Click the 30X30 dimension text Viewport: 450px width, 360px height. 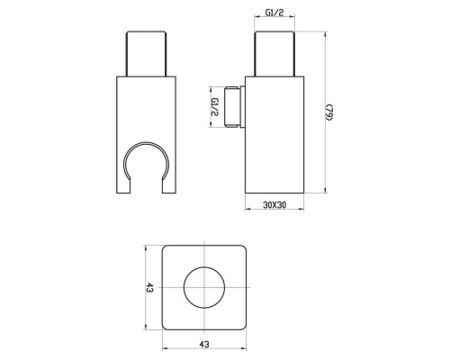pos(275,204)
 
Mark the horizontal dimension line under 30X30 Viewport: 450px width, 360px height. pos(275,212)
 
